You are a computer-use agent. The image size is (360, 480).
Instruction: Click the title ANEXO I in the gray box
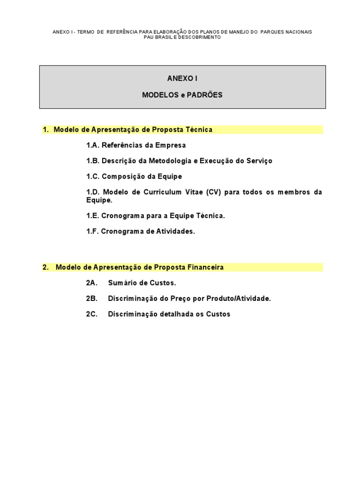pos(182,78)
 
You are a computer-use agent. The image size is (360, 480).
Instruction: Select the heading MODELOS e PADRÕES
pos(182,95)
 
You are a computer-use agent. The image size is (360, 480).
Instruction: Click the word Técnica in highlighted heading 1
pos(199,129)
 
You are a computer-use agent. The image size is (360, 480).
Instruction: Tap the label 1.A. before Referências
pos(93,145)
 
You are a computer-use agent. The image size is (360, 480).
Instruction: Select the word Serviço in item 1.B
pos(258,161)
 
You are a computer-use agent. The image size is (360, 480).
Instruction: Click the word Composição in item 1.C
pos(122,176)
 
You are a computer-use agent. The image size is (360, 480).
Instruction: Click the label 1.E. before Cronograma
pos(93,216)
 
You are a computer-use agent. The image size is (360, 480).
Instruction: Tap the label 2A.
pos(91,283)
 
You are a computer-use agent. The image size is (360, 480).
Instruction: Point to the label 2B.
pos(91,298)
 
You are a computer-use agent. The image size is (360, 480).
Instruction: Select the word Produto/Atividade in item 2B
pos(242,298)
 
